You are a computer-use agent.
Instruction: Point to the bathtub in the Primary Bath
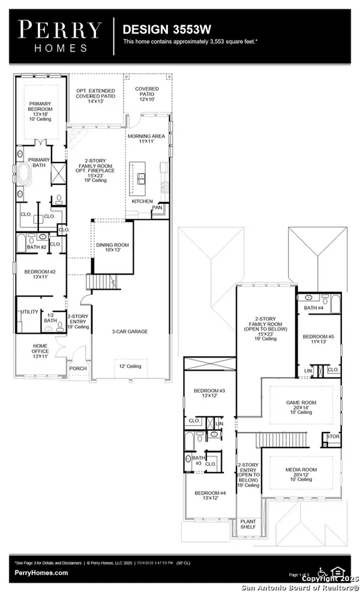[25, 178]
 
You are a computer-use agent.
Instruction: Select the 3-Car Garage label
[130, 331]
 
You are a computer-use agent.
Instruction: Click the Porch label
[78, 368]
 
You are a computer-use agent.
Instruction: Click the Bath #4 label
[313, 308]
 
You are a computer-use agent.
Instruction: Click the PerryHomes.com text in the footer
[41, 573]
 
